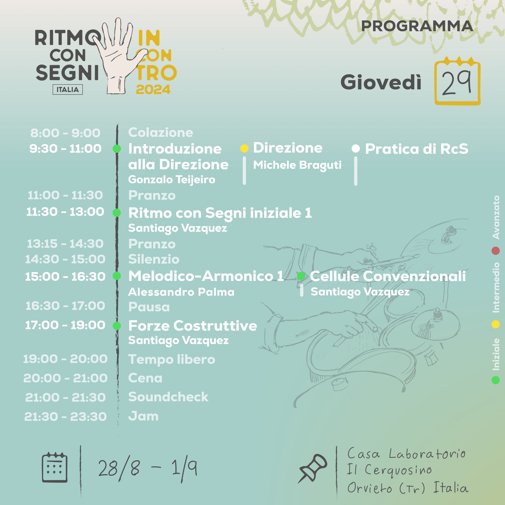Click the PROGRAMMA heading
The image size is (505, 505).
coord(417,26)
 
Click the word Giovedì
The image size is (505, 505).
coord(381,82)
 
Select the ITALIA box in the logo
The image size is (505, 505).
coord(68,90)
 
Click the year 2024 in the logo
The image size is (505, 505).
coord(153,89)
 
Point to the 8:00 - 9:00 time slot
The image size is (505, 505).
coord(65,133)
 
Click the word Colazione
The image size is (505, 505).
coord(161,133)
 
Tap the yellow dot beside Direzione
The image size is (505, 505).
coord(244,149)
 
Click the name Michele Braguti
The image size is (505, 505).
coord(297,165)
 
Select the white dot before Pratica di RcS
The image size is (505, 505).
coord(356,149)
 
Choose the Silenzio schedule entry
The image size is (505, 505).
coord(154,259)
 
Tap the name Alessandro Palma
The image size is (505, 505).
coord(181,292)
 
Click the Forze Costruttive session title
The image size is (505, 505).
coord(193,326)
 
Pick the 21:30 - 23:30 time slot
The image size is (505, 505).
coord(65,417)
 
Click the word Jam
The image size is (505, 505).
coord(143,416)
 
